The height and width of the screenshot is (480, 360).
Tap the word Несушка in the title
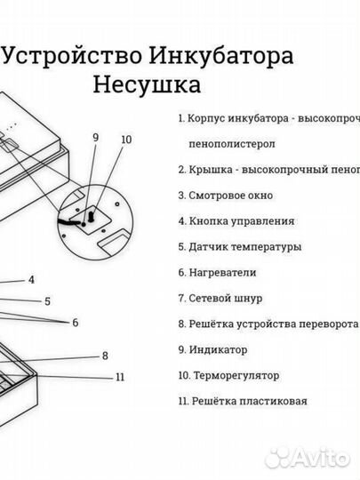tap(147, 84)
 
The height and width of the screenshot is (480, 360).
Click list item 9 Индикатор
tap(213, 349)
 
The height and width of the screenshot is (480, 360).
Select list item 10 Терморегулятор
tap(228, 375)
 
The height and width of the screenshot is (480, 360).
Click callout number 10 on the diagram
tap(125, 140)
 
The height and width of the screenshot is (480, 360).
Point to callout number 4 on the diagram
tap(31, 280)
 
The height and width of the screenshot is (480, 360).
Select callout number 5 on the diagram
tap(47, 301)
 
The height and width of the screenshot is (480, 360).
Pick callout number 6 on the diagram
tap(76, 322)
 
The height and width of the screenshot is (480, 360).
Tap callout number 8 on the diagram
tap(105, 356)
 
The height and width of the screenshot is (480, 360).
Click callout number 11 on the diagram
tap(120, 377)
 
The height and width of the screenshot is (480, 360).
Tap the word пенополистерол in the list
tap(231, 143)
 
